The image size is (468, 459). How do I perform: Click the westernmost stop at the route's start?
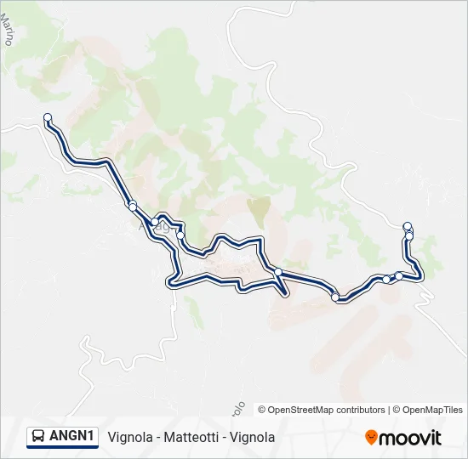click(48, 117)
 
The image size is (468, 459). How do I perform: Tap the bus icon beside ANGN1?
click(37, 436)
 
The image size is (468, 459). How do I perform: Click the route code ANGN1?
click(71, 436)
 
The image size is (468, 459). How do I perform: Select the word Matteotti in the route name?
click(195, 437)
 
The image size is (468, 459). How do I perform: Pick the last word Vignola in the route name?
click(253, 437)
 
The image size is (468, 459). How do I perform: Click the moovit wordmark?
click(410, 438)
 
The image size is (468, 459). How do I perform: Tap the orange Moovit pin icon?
click(371, 437)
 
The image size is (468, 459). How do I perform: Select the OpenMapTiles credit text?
click(431, 410)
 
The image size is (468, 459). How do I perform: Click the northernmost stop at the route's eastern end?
click(408, 226)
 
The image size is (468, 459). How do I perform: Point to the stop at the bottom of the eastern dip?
click(336, 297)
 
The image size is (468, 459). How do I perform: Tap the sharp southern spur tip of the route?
click(285, 294)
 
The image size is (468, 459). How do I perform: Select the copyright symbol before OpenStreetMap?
click(262, 410)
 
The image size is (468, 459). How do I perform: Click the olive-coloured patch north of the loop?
click(258, 207)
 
